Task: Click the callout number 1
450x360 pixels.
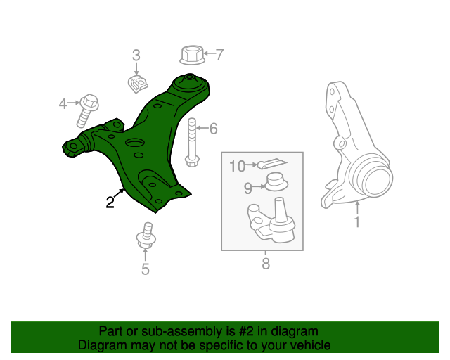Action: click(x=356, y=223)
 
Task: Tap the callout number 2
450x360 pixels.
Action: click(x=110, y=203)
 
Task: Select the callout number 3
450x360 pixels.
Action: click(x=136, y=55)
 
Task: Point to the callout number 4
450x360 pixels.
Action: click(x=63, y=104)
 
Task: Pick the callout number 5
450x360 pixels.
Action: click(x=145, y=269)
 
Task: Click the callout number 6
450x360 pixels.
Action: click(x=213, y=128)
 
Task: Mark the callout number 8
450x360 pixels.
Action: click(x=265, y=264)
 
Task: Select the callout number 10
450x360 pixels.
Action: click(x=236, y=166)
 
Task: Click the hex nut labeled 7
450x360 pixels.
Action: click(x=192, y=54)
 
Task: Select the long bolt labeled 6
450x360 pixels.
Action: click(x=191, y=144)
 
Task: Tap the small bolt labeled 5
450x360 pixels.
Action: click(x=146, y=237)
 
